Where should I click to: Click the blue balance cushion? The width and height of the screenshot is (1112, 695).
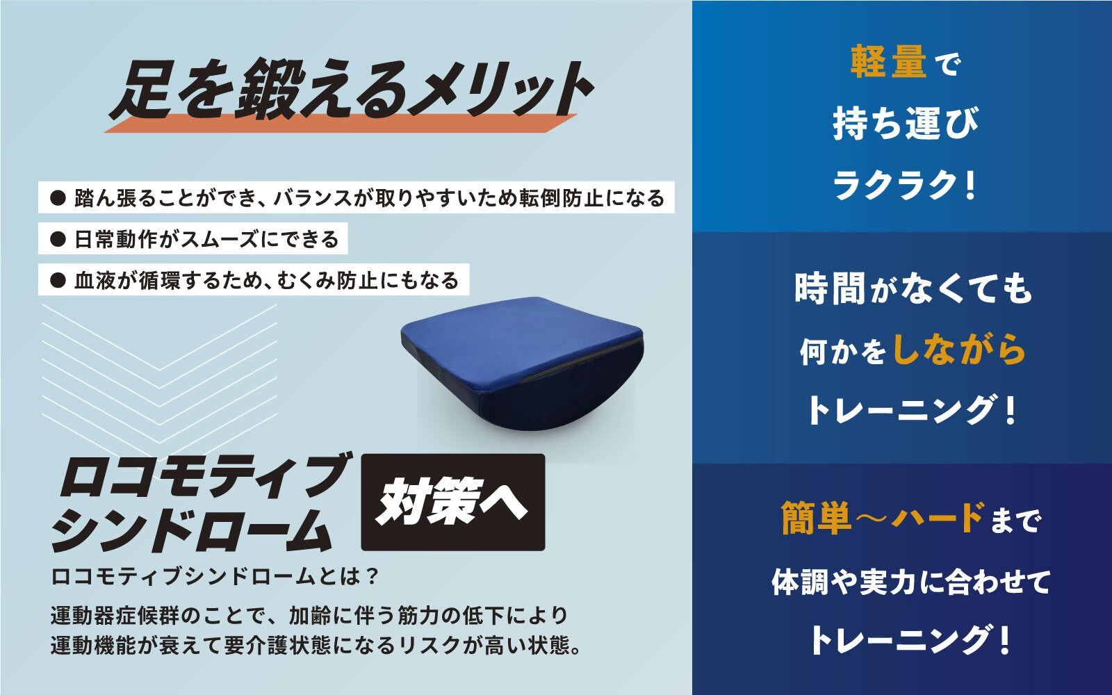[x=522, y=363]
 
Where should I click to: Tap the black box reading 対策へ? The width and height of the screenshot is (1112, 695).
[x=452, y=502]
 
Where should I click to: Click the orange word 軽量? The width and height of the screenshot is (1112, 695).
[x=889, y=62]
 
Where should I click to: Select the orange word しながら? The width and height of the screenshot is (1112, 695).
[x=960, y=350]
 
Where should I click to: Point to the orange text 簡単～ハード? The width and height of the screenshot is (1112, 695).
[x=883, y=518]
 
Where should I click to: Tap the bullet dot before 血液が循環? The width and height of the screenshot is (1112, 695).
[x=58, y=281]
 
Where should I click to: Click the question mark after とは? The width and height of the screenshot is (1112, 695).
[x=371, y=576]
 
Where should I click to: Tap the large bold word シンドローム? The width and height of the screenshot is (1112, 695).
[x=192, y=529]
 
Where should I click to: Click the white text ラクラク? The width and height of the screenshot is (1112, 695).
[x=905, y=185]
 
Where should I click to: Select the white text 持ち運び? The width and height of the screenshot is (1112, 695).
[x=905, y=123]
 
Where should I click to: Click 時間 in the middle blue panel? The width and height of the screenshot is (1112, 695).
[x=831, y=288]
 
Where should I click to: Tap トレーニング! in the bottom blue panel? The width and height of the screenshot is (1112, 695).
[x=908, y=640]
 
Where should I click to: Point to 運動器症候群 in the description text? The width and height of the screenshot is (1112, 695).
[x=115, y=616]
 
